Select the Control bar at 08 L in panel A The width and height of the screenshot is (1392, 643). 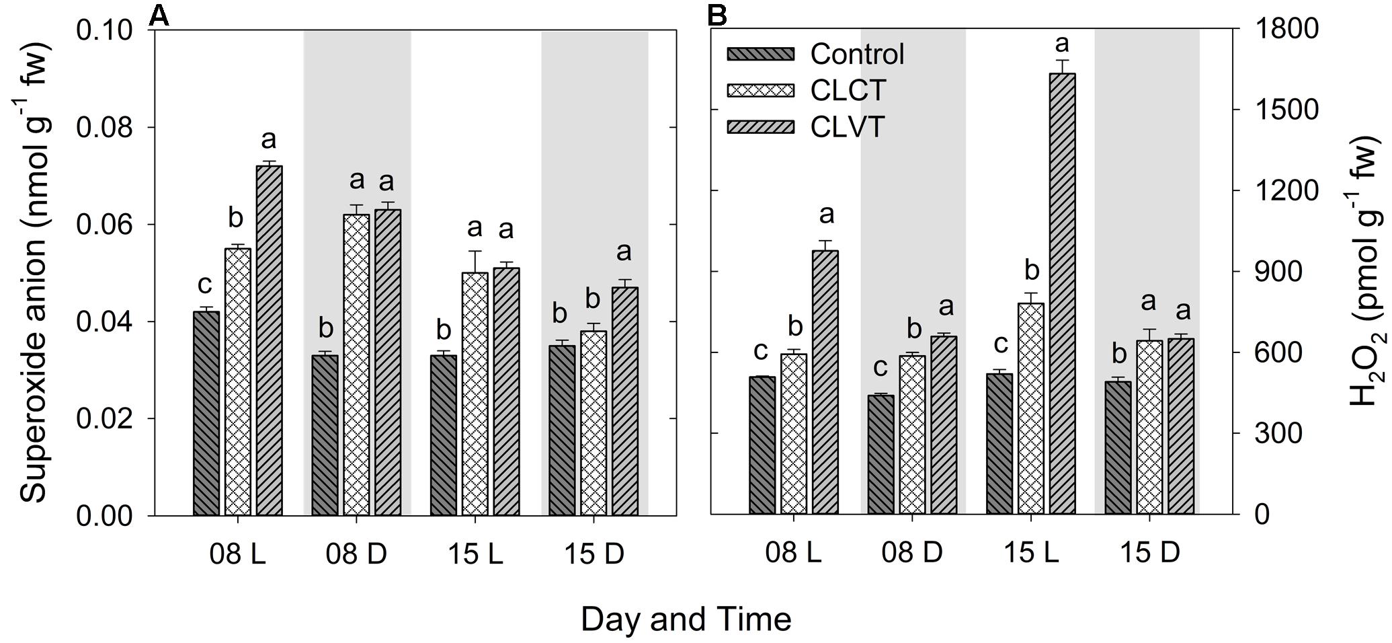(x=206, y=413)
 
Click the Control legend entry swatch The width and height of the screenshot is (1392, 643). (x=760, y=54)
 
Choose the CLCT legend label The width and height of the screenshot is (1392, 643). (x=848, y=91)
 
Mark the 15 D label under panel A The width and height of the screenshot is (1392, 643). (x=593, y=555)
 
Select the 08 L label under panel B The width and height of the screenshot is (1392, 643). (x=793, y=553)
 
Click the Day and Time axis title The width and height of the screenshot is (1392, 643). (x=686, y=619)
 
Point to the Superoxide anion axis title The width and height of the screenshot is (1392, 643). (x=35, y=272)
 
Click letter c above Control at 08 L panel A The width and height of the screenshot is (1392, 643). (x=205, y=286)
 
